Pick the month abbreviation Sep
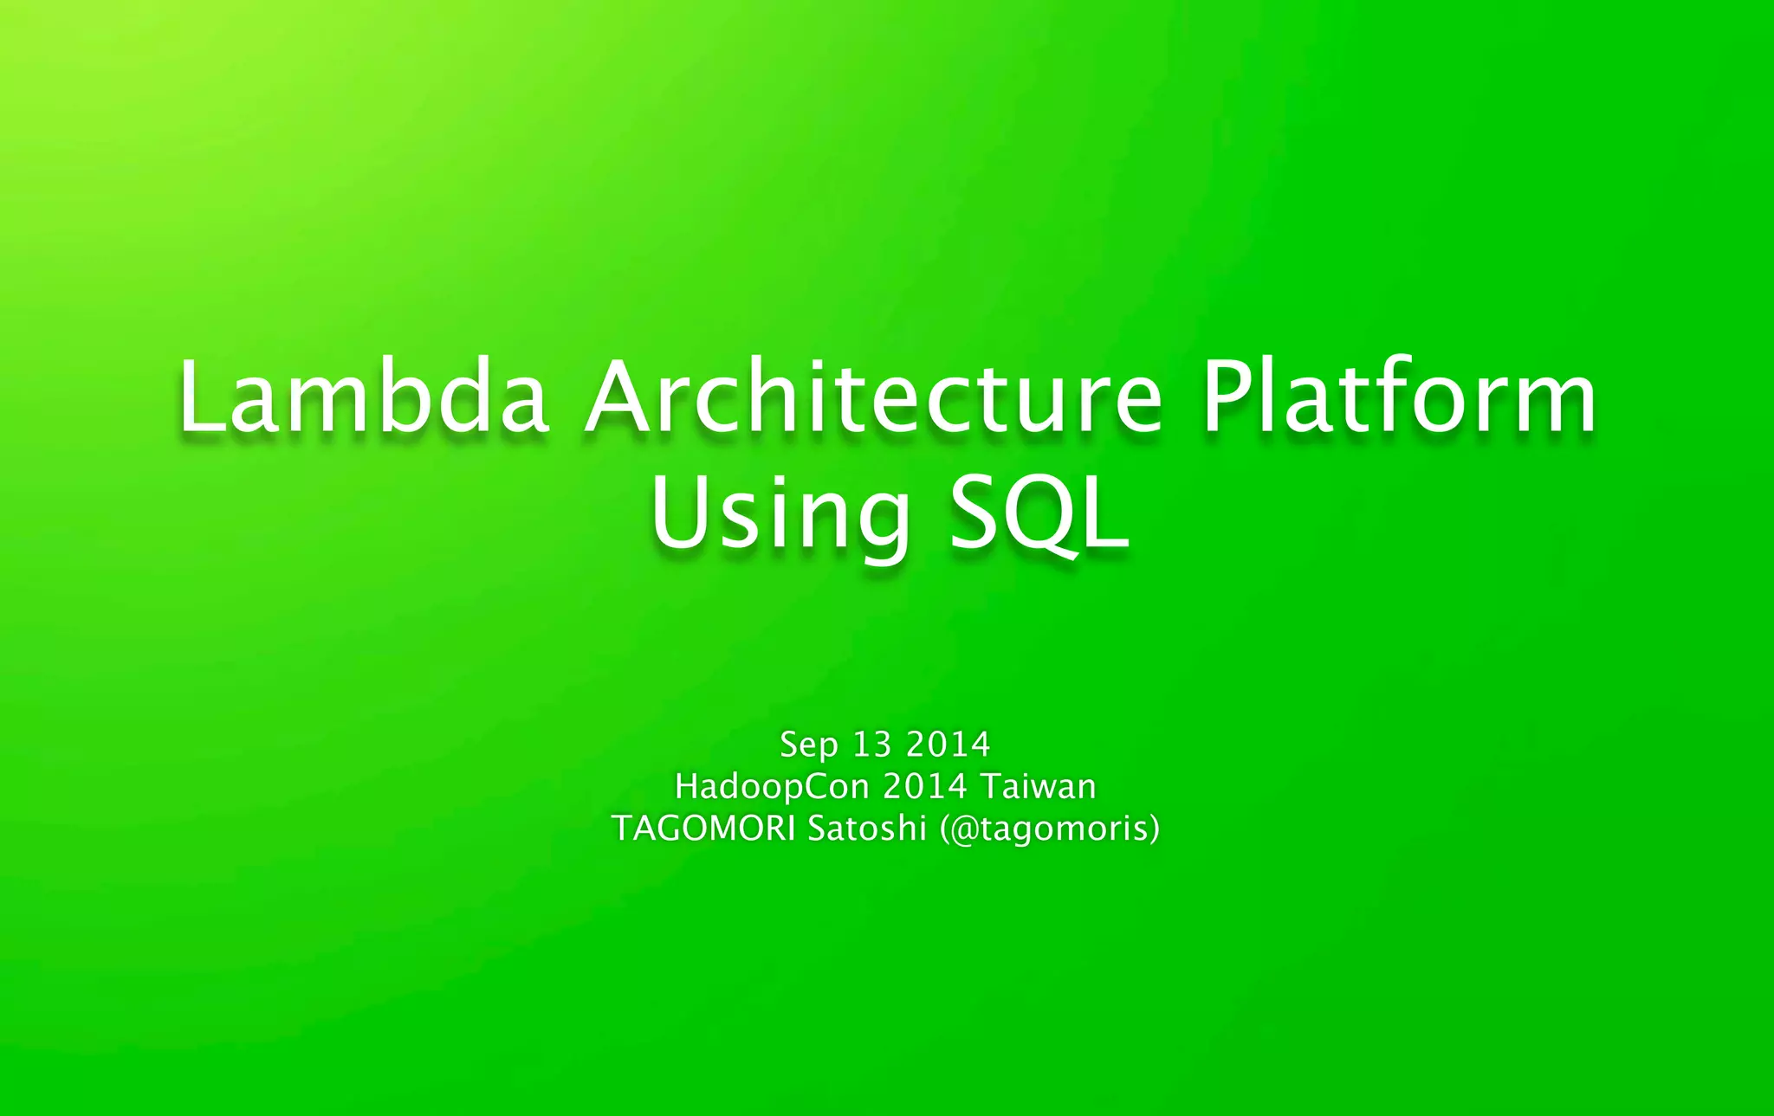[x=809, y=745]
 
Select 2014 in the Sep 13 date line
[x=948, y=745]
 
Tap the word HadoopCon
[x=772, y=787]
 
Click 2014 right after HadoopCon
[x=924, y=787]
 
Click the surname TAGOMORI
[x=703, y=829]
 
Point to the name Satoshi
[x=867, y=829]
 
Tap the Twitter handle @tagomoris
[x=1049, y=829]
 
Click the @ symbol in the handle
[x=964, y=829]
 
